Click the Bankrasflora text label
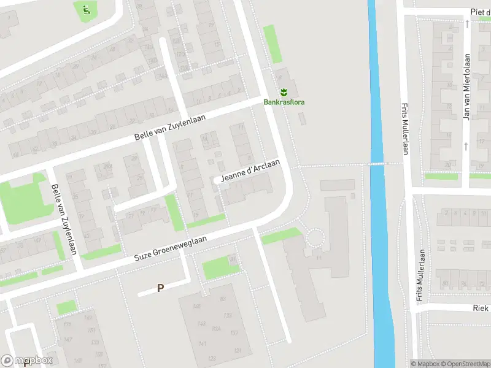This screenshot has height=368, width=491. tap(284, 102)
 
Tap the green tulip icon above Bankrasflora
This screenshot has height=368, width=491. tap(284, 93)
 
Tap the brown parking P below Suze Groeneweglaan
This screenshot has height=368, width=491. tap(161, 287)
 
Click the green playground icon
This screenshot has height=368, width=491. tap(85, 9)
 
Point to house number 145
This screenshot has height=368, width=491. tap(196, 307)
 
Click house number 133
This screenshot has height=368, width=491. tap(228, 315)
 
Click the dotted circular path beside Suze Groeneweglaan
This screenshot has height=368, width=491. tap(314, 237)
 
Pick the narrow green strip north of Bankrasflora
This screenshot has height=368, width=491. tap(273, 44)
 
